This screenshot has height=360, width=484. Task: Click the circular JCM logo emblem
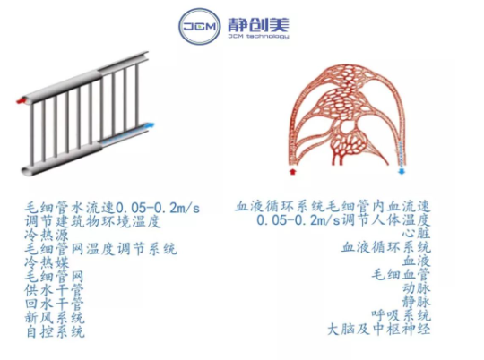[200, 27]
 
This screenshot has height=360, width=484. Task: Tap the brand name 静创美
[258, 25]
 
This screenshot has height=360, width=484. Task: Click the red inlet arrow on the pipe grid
[21, 100]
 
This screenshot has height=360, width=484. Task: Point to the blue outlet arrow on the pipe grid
[150, 125]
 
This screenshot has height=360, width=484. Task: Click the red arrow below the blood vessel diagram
[292, 171]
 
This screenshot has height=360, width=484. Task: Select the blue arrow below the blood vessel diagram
[402, 171]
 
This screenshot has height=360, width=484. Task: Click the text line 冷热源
[47, 236]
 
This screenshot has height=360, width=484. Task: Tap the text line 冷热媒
[47, 263]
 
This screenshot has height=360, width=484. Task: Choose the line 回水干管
[55, 304]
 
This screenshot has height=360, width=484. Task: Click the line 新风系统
[55, 318]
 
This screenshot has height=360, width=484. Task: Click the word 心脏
[416, 234]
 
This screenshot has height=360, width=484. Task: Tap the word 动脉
[416, 288]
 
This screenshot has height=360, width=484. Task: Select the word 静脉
[416, 303]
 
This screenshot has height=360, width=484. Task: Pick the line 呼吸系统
[401, 315]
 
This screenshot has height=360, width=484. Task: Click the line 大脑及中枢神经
[379, 330]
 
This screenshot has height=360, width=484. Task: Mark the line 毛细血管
[401, 275]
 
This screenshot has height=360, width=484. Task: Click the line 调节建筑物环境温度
[93, 222]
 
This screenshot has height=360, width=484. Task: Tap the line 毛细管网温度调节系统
[100, 249]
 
